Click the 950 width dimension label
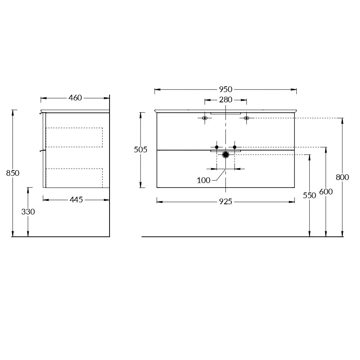coord(225,89)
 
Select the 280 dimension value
coord(225,100)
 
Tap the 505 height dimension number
coord(141,150)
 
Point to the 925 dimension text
coord(225,202)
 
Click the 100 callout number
coord(203,180)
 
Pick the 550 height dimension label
coord(310,196)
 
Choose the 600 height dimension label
coord(326,192)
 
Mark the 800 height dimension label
coord(342,177)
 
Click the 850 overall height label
coord(13,173)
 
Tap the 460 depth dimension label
coord(75,98)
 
